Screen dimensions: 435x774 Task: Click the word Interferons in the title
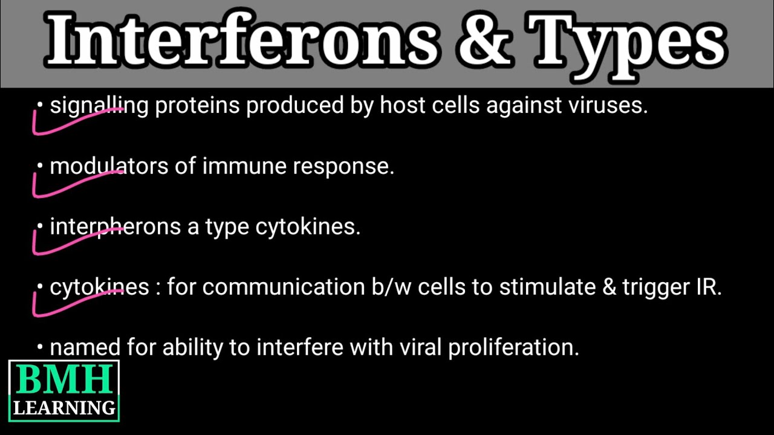pos(242,41)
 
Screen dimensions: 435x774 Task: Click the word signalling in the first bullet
pos(99,106)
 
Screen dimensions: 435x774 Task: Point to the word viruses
pos(608,106)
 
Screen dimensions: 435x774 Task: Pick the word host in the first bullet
pos(399,106)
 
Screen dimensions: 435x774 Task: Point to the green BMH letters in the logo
pos(63,380)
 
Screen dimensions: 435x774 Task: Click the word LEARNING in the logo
pos(64,408)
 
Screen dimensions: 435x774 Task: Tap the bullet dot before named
pos(40,347)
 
